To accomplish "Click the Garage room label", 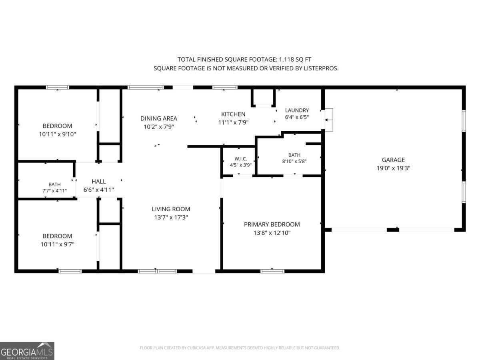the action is (x=393, y=160).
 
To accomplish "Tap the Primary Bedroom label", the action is (x=272, y=224).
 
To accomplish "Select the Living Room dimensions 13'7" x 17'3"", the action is (x=171, y=217).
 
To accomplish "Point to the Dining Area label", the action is (x=158, y=118).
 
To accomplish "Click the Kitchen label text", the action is (x=233, y=114).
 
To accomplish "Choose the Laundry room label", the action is (x=297, y=110).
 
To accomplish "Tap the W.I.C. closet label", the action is (x=240, y=159).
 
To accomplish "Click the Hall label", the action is (x=99, y=182).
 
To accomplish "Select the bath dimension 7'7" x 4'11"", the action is (x=54, y=191).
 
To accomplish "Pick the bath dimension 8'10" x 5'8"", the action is (x=294, y=161).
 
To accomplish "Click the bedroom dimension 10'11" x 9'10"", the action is (x=57, y=134).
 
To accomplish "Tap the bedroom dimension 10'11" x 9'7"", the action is (x=57, y=244).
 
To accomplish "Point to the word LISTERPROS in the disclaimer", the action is (x=321, y=68).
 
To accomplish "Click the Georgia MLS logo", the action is (x=27, y=351).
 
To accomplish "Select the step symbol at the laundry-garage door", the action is (x=329, y=120).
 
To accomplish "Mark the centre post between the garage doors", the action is (x=393, y=230).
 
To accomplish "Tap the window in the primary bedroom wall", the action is (x=272, y=271).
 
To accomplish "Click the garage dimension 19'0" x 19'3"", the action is (x=393, y=168).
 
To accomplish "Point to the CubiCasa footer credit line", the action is (x=240, y=348).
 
